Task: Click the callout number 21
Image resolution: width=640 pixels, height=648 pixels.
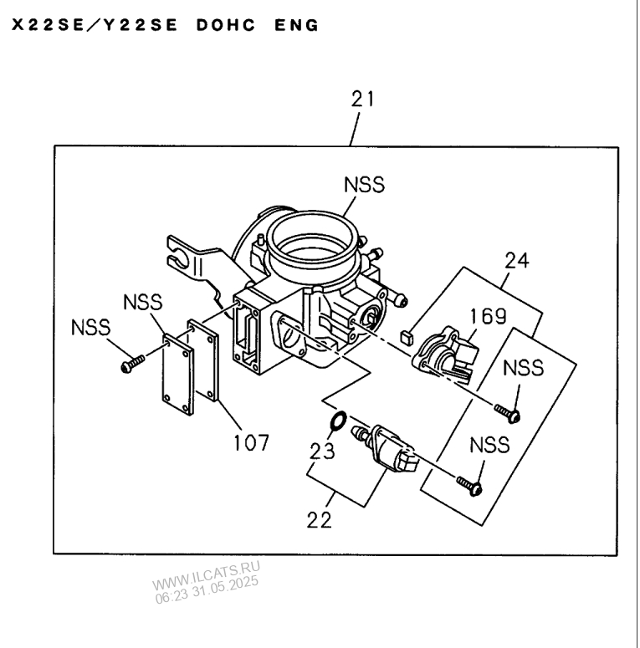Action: click(362, 99)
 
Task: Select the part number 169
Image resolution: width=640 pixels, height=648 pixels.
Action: click(487, 317)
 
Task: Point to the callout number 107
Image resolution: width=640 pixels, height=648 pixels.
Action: click(250, 442)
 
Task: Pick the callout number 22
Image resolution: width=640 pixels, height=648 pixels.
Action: click(320, 519)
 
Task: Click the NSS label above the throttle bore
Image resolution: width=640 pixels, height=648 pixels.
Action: click(366, 185)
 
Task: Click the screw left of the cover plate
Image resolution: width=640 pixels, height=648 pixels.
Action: click(133, 363)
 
